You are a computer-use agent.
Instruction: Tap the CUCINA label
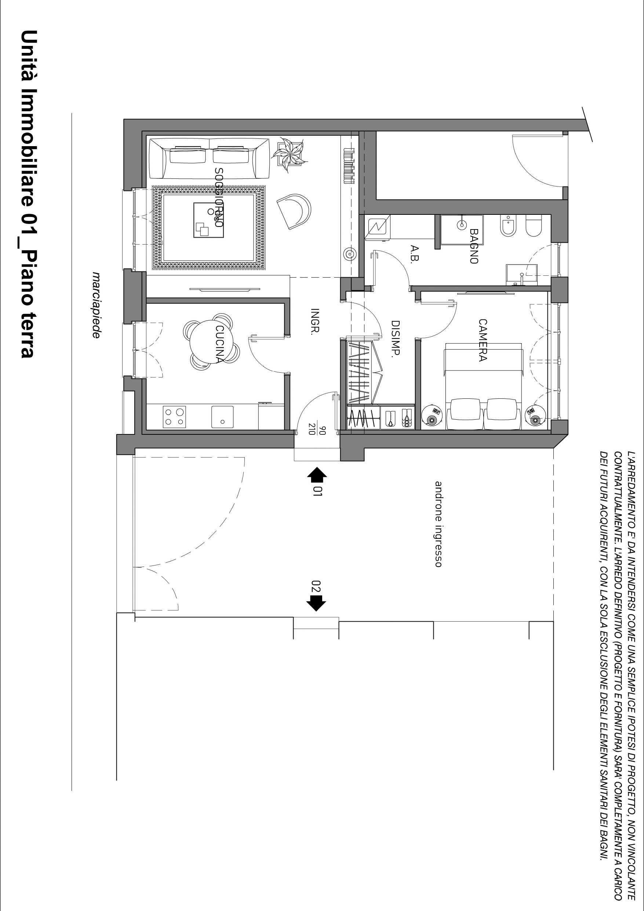219,344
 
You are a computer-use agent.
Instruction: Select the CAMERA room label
482,340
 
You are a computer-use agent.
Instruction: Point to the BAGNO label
473,246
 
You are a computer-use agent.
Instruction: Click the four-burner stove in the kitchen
174,417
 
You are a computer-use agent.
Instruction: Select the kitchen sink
222,417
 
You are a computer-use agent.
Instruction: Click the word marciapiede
95,305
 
